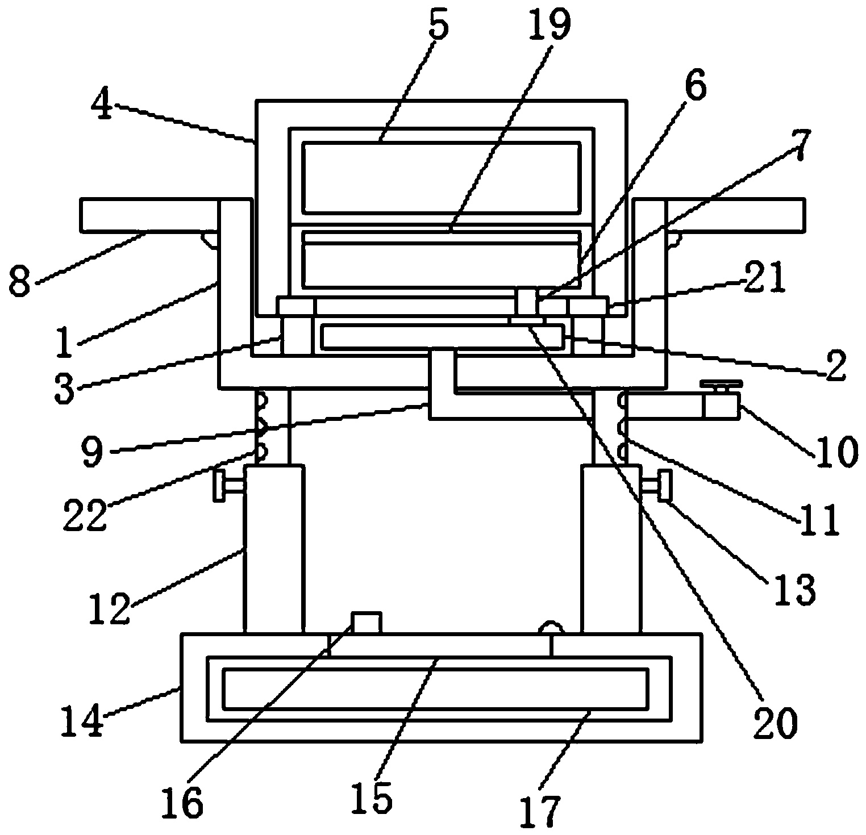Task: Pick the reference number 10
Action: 835,452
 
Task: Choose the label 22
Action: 85,515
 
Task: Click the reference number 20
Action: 776,721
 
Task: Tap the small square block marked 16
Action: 367,623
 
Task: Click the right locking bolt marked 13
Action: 656,486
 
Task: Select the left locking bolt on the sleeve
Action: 230,486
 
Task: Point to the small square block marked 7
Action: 527,301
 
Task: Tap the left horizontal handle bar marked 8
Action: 149,215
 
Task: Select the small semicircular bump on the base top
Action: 551,628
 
